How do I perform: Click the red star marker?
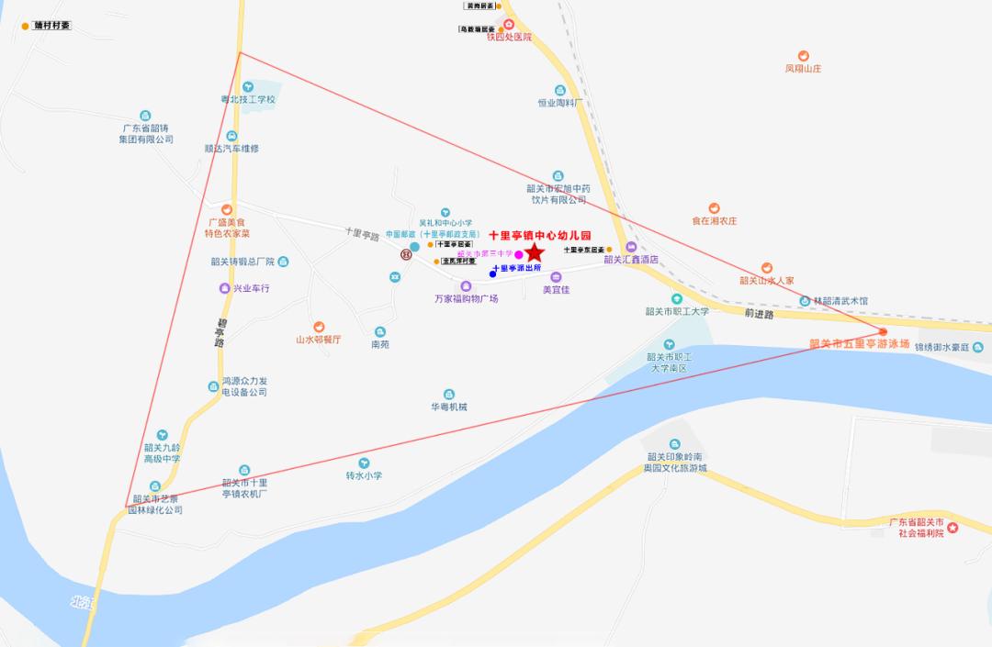point(534,251)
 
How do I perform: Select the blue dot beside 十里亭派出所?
point(493,273)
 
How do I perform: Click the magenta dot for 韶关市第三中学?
point(519,254)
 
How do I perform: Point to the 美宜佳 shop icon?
point(556,276)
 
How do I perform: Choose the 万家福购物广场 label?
point(467,299)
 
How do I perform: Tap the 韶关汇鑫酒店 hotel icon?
point(631,247)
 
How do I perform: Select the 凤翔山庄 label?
point(803,69)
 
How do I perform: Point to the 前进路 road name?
point(760,314)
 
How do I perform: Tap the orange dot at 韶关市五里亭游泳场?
point(883,331)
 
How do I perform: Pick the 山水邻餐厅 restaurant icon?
point(319,327)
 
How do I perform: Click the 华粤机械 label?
point(449,407)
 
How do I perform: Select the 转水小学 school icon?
point(364,463)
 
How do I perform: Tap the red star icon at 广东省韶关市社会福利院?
point(953,528)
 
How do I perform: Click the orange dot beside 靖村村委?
point(26,26)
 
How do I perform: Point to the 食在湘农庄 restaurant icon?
point(715,208)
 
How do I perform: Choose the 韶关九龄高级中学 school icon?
point(163,434)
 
